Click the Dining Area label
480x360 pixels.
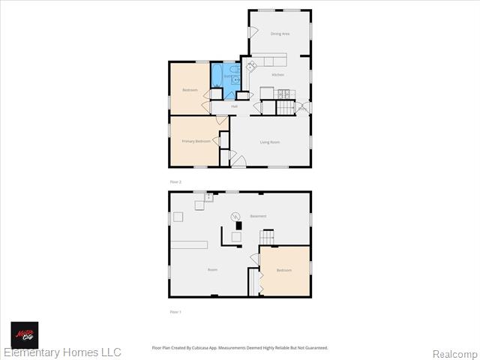tap(280, 34)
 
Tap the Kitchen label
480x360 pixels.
tap(277, 75)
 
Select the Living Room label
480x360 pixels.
tap(270, 142)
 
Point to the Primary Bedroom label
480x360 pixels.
tap(196, 141)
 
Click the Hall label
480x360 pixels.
tap(235, 106)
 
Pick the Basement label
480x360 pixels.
tap(258, 216)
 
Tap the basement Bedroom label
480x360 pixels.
tap(283, 270)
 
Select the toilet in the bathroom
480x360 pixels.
tap(235, 79)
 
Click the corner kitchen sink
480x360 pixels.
tap(250, 66)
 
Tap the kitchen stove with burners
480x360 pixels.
tap(283, 93)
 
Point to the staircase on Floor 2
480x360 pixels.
tap(286, 107)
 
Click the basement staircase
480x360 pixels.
tap(268, 237)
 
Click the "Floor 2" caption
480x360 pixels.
tap(175, 182)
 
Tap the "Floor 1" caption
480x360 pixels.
tap(175, 311)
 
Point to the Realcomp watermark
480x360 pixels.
tap(454, 353)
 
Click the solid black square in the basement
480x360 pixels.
tap(239, 224)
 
